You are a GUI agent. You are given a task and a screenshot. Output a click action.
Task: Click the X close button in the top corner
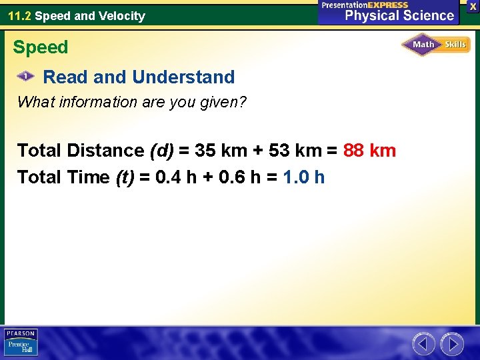[473, 5]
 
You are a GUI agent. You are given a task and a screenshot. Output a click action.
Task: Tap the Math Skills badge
[436, 45]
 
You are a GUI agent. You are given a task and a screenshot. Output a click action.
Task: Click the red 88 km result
[369, 151]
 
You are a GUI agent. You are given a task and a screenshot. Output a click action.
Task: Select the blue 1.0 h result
[304, 177]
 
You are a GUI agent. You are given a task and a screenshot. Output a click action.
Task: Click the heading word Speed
[41, 47]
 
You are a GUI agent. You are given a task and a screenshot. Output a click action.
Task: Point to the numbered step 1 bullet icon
[25, 77]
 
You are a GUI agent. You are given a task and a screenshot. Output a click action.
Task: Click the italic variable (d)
[163, 151]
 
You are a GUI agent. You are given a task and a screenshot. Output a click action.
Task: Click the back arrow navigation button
[423, 344]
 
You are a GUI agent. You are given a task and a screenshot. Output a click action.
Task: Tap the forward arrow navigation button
[452, 344]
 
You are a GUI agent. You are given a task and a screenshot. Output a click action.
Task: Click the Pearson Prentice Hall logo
[20, 343]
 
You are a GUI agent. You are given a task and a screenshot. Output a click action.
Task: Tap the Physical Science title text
[399, 15]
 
